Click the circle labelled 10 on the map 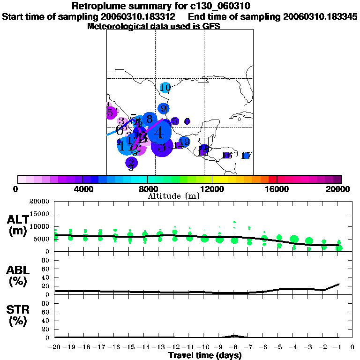pos(165,87)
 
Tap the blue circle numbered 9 pos(163,109)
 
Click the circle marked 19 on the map pos(184,142)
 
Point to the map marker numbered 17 pos(247,156)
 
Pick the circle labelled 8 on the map pos(149,119)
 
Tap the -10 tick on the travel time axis pos(204,347)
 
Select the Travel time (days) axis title pos(205,355)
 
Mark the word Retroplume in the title pos(96,6)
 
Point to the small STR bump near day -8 pos(234,336)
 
